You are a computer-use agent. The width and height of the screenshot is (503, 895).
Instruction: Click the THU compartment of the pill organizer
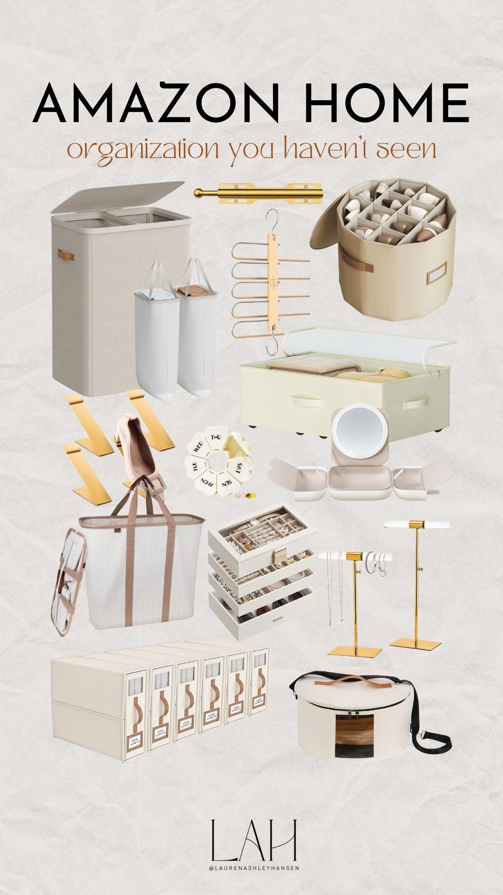tap(216, 438)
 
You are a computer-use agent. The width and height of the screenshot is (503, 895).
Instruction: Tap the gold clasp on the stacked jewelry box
tap(281, 556)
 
